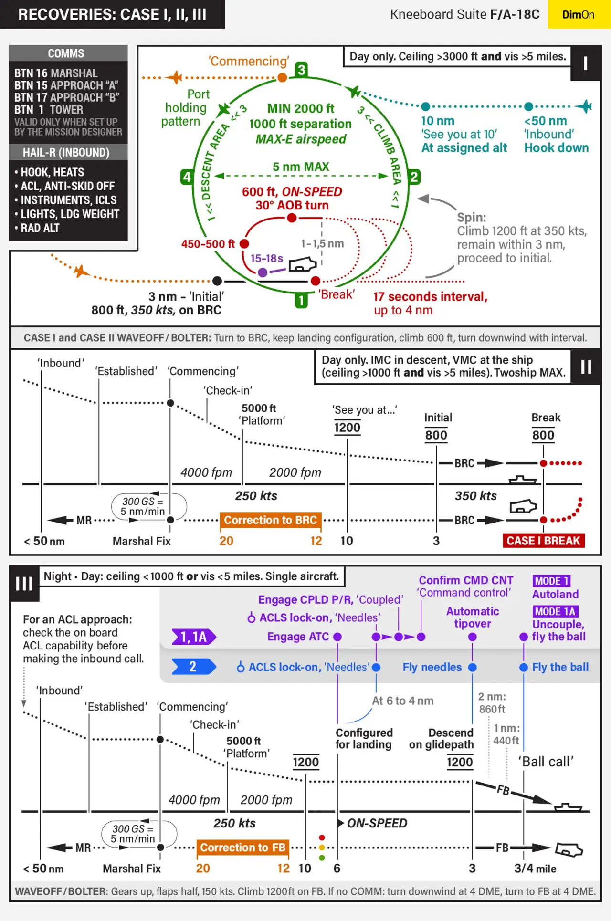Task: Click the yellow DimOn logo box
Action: click(579, 14)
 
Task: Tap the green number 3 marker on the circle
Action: click(301, 70)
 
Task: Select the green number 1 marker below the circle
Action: click(301, 301)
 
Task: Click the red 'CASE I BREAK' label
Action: click(543, 541)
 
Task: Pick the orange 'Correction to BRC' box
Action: click(271, 520)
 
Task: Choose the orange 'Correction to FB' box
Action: click(243, 848)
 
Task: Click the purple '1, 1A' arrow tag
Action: click(193, 637)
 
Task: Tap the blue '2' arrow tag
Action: click(193, 667)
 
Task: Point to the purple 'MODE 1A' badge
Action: click(555, 611)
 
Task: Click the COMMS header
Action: click(66, 53)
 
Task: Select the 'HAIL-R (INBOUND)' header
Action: click(66, 153)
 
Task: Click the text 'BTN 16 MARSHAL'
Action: click(56, 73)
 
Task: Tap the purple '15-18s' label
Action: click(266, 259)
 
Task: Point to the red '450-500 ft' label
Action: click(208, 244)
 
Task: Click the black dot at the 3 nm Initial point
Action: click(217, 281)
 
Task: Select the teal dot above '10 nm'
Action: click(426, 106)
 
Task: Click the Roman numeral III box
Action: click(24, 584)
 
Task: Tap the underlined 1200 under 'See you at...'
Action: click(347, 428)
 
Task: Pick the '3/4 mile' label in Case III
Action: click(535, 869)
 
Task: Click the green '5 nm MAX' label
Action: click(301, 167)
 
